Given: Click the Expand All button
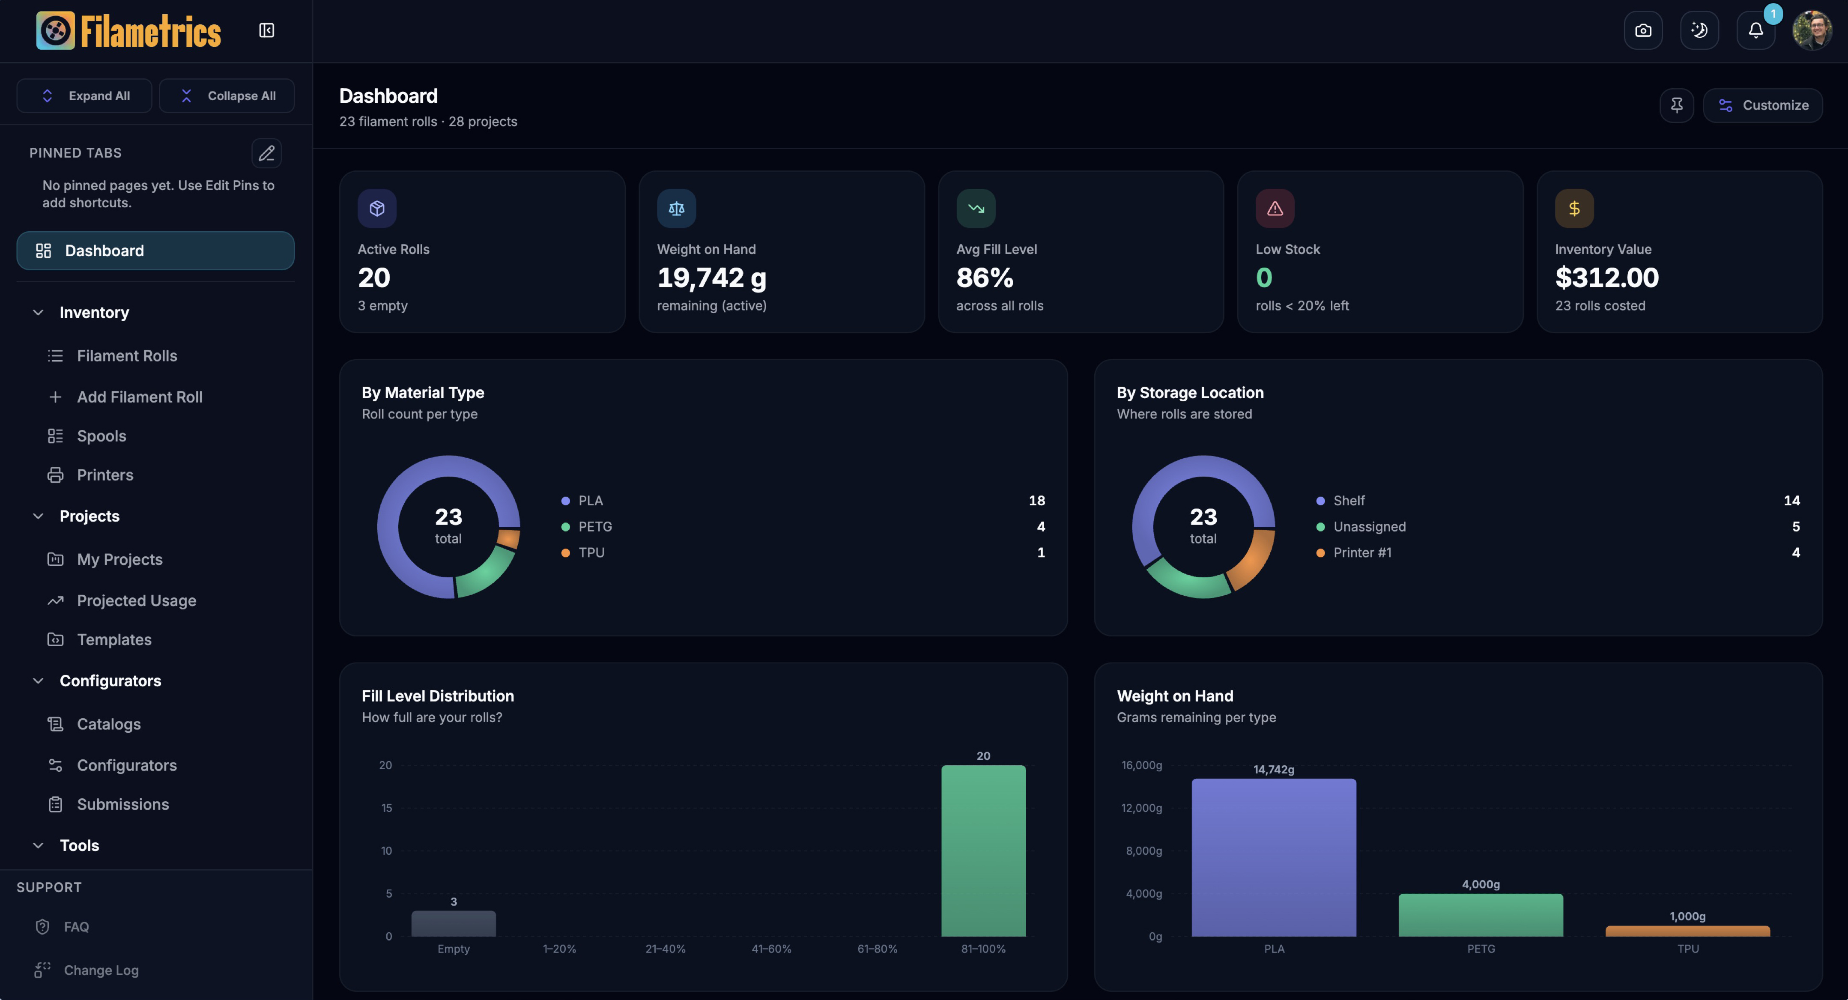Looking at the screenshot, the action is [x=84, y=96].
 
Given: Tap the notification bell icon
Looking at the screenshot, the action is [x=1755, y=30].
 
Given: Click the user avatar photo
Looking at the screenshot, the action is [x=1812, y=30].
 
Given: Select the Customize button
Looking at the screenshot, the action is [x=1763, y=105].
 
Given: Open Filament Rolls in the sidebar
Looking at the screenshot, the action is [x=126, y=356].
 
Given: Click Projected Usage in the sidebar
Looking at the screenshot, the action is [x=136, y=600].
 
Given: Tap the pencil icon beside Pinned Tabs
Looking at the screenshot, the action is [x=266, y=153].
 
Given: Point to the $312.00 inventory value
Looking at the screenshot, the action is [x=1607, y=278].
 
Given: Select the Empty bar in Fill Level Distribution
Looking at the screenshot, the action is [x=454, y=923].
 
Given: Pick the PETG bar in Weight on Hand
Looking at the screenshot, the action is [x=1481, y=915].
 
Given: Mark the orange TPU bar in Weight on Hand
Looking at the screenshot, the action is [x=1687, y=931].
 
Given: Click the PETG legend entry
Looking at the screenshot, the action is [x=595, y=526].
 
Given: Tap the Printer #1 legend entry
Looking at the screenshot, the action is [x=1361, y=552].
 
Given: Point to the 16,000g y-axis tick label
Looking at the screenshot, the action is [x=1141, y=765].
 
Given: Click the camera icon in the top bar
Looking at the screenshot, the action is [x=1643, y=30].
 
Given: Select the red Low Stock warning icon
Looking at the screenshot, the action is [x=1275, y=208].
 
